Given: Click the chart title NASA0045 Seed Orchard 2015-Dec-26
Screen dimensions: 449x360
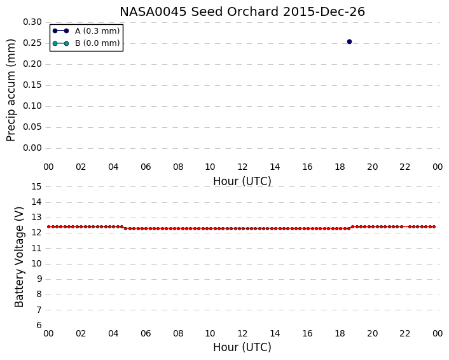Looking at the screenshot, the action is [x=242, y=11].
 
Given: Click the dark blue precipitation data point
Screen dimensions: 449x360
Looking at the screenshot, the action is [x=349, y=42].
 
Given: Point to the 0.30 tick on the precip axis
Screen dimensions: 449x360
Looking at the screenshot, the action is [x=32, y=22].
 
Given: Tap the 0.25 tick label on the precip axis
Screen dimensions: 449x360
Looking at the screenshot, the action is [x=32, y=43].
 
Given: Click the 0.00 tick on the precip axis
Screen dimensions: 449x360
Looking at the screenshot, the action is [x=32, y=148].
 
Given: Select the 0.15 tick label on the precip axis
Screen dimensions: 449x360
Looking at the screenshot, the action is [x=32, y=85].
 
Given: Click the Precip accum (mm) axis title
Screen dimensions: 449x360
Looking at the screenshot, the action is [x=11, y=90].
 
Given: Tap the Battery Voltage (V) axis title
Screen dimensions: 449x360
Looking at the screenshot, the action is [x=19, y=257].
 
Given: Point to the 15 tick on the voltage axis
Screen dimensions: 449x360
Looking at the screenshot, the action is [x=37, y=187].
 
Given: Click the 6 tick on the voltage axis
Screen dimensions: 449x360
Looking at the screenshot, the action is [x=39, y=326].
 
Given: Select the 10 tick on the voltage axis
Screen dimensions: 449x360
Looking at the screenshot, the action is [x=37, y=264].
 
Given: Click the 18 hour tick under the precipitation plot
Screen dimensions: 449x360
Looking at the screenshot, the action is [x=340, y=167].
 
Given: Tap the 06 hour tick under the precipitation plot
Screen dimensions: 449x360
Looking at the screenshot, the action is [x=146, y=167].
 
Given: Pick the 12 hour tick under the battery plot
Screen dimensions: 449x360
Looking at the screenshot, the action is [x=242, y=334].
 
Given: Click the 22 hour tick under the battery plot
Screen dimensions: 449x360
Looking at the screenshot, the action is [x=404, y=334].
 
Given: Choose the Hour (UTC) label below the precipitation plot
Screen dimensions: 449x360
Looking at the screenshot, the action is [x=242, y=181].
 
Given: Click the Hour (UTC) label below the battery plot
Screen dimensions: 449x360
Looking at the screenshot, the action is [x=242, y=347].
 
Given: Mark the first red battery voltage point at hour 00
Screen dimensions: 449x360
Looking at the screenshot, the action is [x=49, y=227].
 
